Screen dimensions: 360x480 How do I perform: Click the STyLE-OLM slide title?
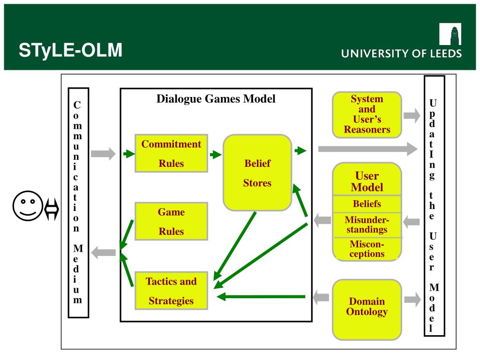pyautogui.click(x=70, y=50)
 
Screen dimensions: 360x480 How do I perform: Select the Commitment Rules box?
pyautogui.click(x=171, y=153)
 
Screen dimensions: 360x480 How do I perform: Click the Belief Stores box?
pyautogui.click(x=257, y=173)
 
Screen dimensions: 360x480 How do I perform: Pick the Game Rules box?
pyautogui.click(x=171, y=221)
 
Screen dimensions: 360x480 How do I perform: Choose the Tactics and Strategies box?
pyautogui.click(x=171, y=291)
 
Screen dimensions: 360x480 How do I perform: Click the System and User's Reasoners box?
pyautogui.click(x=367, y=115)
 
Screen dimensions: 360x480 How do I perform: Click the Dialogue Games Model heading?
pyautogui.click(x=216, y=99)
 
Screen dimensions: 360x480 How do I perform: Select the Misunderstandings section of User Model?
pyautogui.click(x=367, y=225)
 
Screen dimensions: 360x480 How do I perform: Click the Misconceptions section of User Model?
pyautogui.click(x=367, y=249)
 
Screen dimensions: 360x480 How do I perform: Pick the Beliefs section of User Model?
pyautogui.click(x=367, y=204)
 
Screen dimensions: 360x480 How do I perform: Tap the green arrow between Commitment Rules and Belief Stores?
pyautogui.click(x=216, y=154)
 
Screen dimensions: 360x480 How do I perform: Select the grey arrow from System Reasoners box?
pyautogui.click(x=412, y=115)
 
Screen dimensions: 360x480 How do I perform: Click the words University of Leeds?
pyautogui.click(x=401, y=53)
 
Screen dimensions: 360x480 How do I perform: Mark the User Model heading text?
pyautogui.click(x=367, y=182)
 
